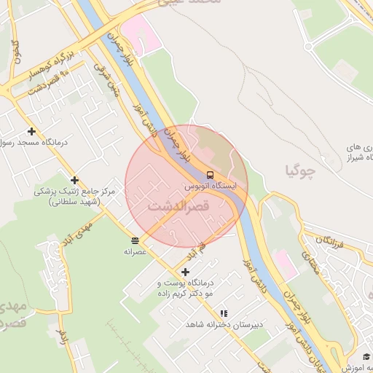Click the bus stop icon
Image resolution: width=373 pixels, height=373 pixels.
pos(210,176)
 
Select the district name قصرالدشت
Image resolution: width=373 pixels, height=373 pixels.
pos(178,207)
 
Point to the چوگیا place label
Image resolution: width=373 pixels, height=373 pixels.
pos(300,171)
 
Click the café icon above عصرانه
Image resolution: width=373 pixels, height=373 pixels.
pos(136,240)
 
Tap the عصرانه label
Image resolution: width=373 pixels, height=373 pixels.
pos(136,251)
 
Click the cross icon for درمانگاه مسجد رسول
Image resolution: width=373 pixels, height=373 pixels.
pos(31,132)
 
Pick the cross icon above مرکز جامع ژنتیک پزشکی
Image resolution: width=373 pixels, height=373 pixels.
pos(74,180)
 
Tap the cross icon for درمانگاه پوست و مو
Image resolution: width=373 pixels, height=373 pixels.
pos(186,272)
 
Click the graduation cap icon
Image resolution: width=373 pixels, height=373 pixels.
pos(366,356)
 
